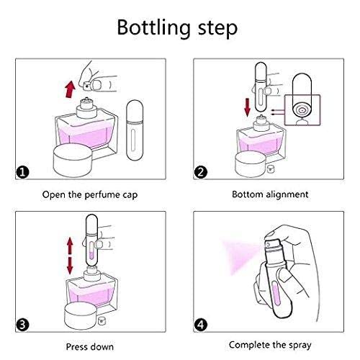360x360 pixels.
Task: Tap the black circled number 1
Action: tap(22, 172)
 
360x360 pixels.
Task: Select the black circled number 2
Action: tap(201, 172)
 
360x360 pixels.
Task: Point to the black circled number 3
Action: tap(22, 325)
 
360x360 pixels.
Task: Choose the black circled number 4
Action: tap(201, 325)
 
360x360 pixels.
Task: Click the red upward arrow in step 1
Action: tap(71, 89)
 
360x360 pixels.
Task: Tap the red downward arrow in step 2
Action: tap(247, 108)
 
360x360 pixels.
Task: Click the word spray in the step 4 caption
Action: tap(300, 346)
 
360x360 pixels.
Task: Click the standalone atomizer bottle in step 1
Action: tap(135, 130)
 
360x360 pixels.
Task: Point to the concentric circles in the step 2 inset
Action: tap(302, 110)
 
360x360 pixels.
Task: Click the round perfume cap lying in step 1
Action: tap(73, 160)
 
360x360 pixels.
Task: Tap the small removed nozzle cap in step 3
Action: tap(102, 320)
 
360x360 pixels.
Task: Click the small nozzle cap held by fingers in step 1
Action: tap(86, 86)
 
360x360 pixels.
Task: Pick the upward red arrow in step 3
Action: tap(70, 246)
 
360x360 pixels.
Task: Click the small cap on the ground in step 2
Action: tap(271, 168)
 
